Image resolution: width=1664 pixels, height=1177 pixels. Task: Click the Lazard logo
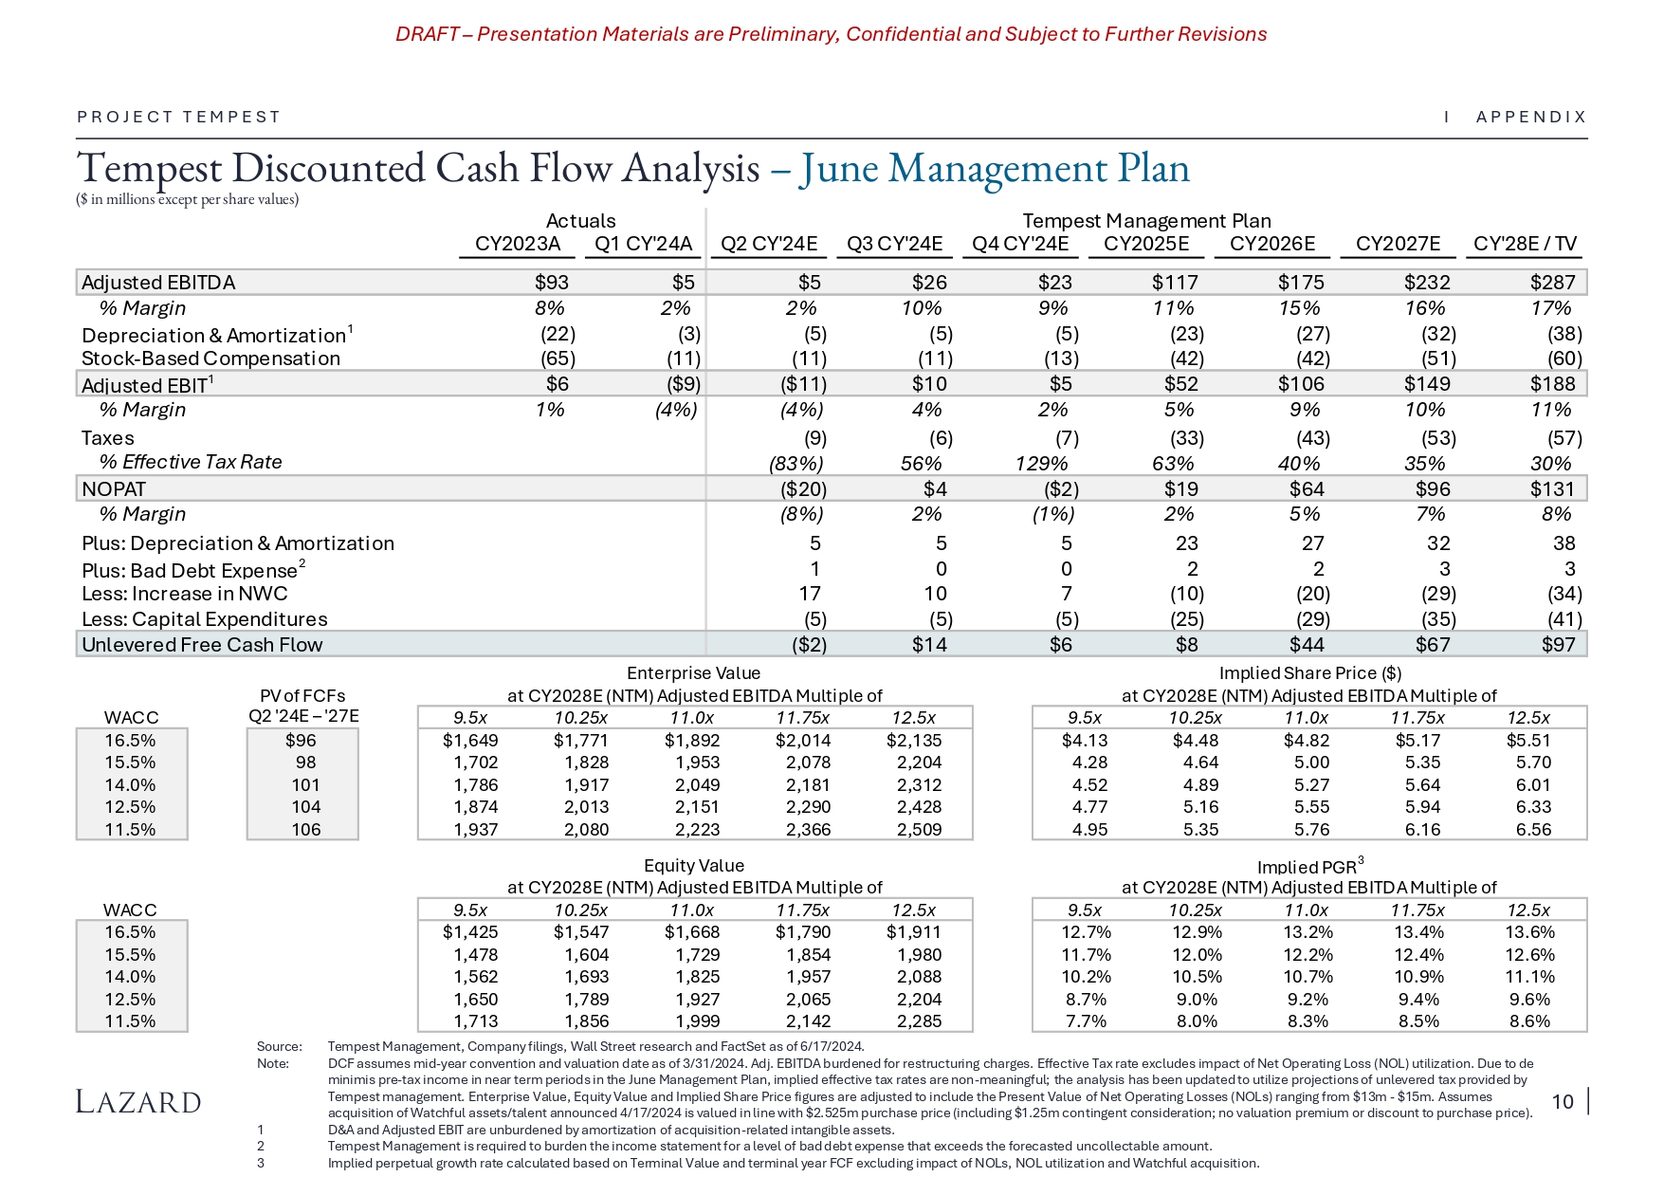tap(138, 1102)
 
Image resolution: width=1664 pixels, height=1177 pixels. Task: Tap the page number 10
tap(1563, 1101)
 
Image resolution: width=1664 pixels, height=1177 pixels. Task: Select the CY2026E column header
tap(1271, 244)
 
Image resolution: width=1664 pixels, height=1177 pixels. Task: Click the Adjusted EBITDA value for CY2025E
tap(1175, 283)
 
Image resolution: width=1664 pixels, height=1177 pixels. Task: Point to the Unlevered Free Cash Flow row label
tap(202, 645)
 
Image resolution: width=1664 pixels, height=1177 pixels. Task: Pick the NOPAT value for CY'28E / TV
tap(1552, 489)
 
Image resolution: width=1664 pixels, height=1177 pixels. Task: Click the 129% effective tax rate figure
tap(1041, 464)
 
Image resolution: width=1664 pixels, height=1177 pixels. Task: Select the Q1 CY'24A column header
tap(643, 244)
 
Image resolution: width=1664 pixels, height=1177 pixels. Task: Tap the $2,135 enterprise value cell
tap(914, 741)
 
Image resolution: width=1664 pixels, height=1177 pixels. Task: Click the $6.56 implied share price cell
tap(1533, 830)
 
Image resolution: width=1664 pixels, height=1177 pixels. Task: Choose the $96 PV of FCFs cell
tap(302, 741)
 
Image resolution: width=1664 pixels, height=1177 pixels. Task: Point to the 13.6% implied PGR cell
tap(1529, 932)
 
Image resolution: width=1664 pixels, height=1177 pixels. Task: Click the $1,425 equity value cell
tap(470, 932)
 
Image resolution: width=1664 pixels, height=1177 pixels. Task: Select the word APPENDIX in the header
tap(1531, 117)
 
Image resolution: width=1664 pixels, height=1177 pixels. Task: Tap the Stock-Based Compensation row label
tap(210, 359)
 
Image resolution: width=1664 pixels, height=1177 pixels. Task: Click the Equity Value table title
tap(694, 866)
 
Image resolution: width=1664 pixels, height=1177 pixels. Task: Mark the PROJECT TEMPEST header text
tap(179, 117)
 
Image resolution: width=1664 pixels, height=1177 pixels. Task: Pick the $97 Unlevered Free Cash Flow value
tap(1559, 645)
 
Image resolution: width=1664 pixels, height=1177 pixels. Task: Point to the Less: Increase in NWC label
tap(185, 594)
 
